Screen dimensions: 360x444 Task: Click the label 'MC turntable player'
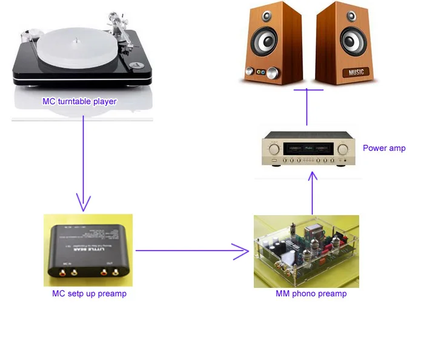(x=79, y=101)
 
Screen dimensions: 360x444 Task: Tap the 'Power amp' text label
(x=384, y=148)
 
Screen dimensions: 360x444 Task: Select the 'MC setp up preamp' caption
(x=89, y=294)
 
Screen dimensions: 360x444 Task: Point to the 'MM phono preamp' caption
(x=311, y=294)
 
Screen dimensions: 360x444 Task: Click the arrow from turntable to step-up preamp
(x=82, y=164)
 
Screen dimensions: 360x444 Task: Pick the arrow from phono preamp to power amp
(x=312, y=194)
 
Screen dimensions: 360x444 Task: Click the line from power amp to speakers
(x=306, y=108)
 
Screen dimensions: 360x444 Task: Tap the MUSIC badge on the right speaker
(x=357, y=73)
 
